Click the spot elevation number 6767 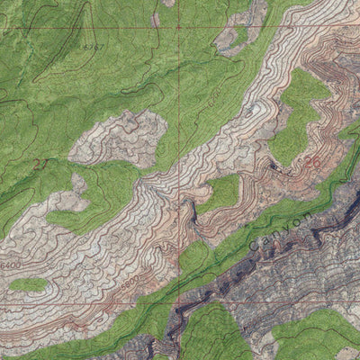(x=86, y=44)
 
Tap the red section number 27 (x=39, y=164)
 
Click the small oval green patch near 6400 (x=29, y=284)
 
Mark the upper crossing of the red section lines (x=178, y=26)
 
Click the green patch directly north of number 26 (x=301, y=112)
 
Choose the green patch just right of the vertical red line (x=220, y=192)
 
